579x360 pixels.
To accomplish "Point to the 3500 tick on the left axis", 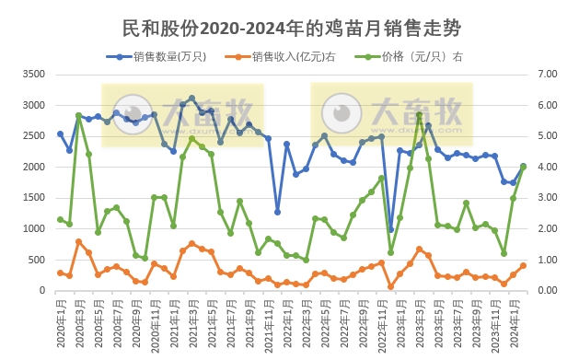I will [32, 75].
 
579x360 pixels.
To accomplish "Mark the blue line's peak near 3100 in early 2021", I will [191, 98].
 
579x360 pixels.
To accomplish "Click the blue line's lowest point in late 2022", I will [390, 229].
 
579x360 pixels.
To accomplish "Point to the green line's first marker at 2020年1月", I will [60, 219].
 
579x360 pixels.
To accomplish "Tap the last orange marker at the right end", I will [524, 265].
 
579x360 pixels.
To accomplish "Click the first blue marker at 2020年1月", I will [60, 134].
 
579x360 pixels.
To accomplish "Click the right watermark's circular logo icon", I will [343, 112].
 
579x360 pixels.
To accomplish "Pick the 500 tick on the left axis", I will [35, 260].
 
